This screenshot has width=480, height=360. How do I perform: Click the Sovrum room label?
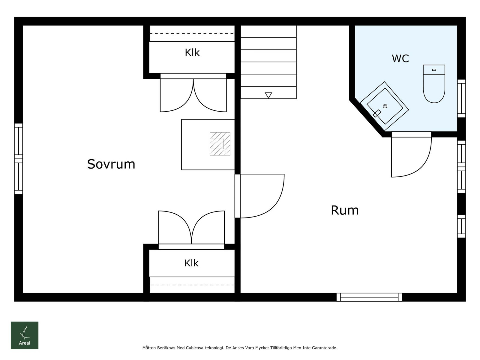coord(111,164)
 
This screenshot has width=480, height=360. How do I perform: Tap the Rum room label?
coord(345,210)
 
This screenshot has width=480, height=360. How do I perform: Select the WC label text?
coord(400,58)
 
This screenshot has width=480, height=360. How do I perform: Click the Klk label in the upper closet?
coord(192,52)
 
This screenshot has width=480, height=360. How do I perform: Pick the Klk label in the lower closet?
coord(191,263)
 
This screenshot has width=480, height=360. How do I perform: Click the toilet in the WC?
coord(434,84)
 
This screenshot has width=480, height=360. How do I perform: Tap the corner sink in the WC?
coord(384,106)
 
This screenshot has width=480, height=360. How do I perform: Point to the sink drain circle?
coord(385,106)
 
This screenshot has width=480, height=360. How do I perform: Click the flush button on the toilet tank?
coord(434,70)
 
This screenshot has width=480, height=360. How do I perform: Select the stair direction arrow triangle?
coord(268,95)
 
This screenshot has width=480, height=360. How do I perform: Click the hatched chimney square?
coord(220,144)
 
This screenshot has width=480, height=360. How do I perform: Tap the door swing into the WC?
coord(411,157)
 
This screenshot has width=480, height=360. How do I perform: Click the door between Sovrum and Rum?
coord(259,196)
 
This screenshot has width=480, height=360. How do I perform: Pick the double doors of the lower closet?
coord(191,229)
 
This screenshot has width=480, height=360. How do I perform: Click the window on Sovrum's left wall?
coord(19,159)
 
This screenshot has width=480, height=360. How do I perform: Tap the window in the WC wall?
coord(461,98)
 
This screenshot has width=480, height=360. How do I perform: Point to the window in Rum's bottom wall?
coord(369,297)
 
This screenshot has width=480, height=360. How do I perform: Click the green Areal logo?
coord(25,335)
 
